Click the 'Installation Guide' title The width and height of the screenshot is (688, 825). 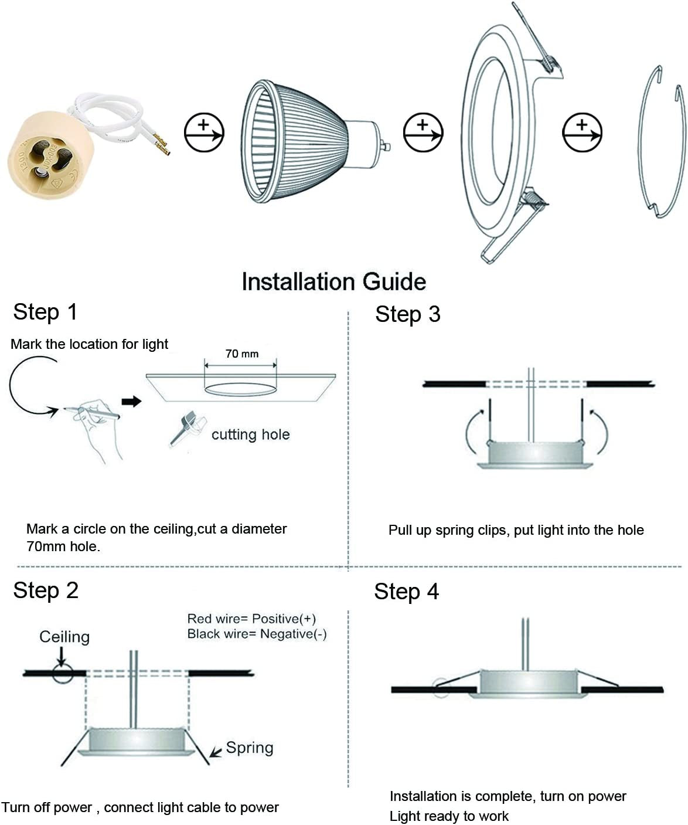pyautogui.click(x=333, y=282)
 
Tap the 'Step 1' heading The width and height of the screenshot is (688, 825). pyautogui.click(x=45, y=312)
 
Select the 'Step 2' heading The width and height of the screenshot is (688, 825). pyautogui.click(x=46, y=590)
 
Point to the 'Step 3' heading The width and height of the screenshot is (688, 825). pyautogui.click(x=407, y=314)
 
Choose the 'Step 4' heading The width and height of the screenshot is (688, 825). pyautogui.click(x=406, y=592)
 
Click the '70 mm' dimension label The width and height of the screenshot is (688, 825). pyautogui.click(x=241, y=354)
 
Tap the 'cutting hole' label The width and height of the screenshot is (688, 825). pyautogui.click(x=250, y=434)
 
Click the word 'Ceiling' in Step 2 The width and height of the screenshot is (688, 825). pyautogui.click(x=64, y=637)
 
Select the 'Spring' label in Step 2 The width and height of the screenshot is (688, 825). pyautogui.click(x=249, y=748)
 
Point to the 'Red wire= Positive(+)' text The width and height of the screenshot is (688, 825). pyautogui.click(x=251, y=619)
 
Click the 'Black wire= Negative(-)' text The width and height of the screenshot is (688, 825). pyautogui.click(x=257, y=634)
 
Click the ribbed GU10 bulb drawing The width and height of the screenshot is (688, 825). pyautogui.click(x=305, y=142)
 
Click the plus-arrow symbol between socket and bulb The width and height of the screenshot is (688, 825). pyautogui.click(x=204, y=132)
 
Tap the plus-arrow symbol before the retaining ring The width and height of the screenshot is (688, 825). pyautogui.click(x=582, y=132)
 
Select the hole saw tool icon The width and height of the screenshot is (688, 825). pyautogui.click(x=186, y=427)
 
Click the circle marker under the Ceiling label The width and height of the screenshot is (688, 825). pyautogui.click(x=63, y=673)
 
